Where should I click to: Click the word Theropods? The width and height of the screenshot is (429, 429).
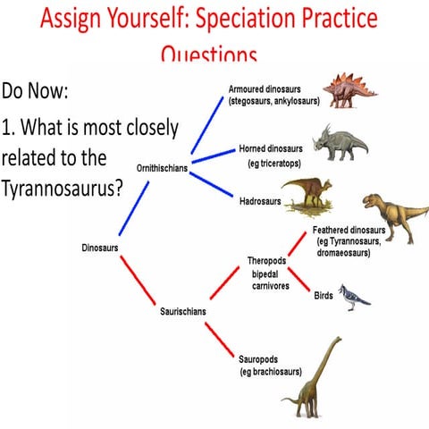[267, 261]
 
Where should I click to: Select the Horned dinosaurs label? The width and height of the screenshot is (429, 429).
[273, 147]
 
